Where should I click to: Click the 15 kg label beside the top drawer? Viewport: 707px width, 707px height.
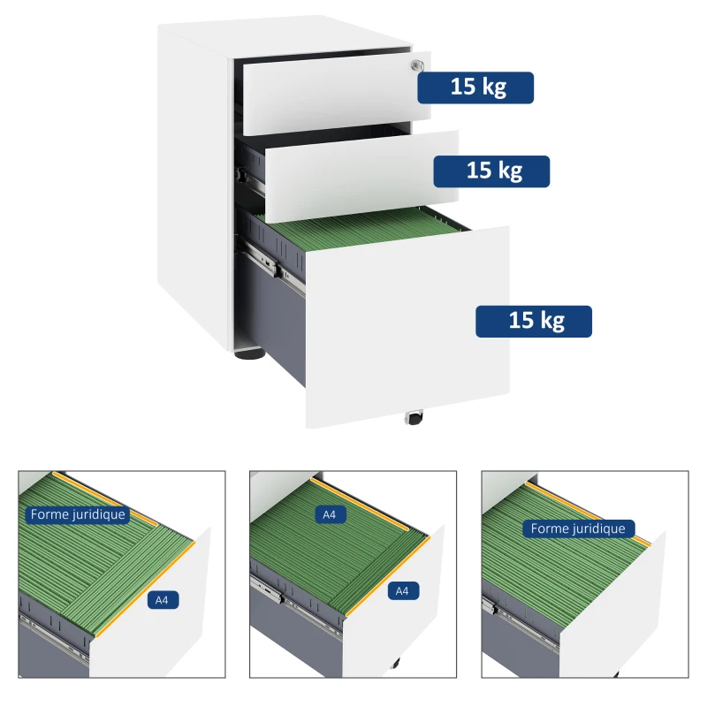475,87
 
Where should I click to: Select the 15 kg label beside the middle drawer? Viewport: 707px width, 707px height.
491,171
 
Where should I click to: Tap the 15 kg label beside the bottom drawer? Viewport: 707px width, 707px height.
534,321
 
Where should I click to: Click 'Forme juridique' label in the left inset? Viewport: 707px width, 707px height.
78,514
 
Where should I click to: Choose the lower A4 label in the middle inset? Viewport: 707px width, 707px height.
402,590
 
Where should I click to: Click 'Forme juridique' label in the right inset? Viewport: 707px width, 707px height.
578,528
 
